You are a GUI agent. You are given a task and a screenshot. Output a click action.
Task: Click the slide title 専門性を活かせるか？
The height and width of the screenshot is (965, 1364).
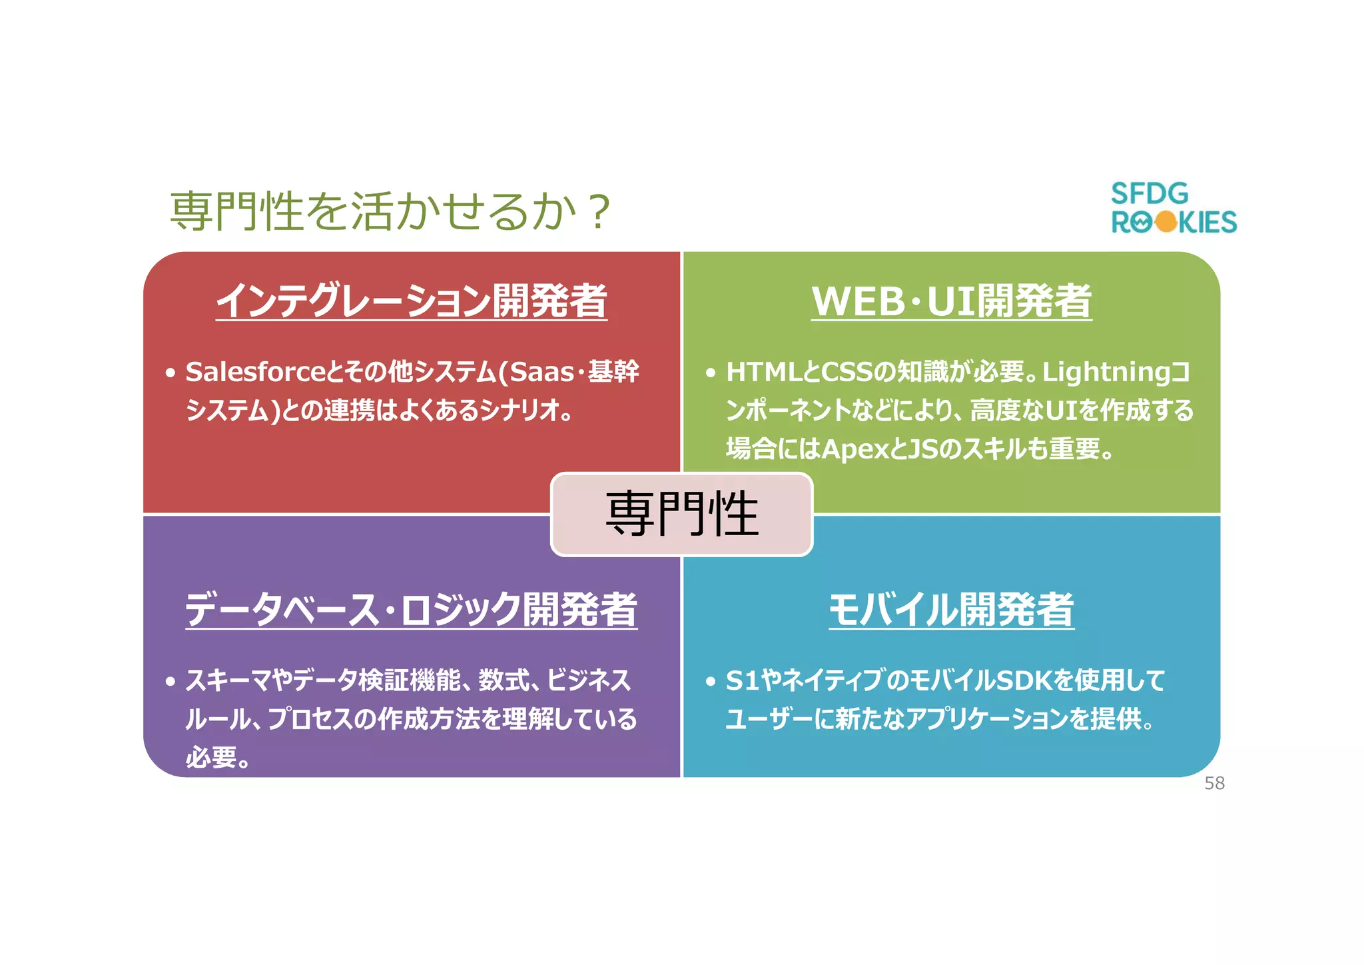[x=390, y=211]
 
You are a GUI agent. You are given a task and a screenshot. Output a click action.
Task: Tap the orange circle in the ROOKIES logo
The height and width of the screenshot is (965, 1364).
[x=1166, y=222]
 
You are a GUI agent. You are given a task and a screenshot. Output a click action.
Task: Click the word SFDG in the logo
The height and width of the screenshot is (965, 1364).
[x=1150, y=194]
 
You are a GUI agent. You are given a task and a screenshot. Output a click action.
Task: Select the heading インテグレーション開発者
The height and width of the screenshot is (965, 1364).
[x=412, y=301]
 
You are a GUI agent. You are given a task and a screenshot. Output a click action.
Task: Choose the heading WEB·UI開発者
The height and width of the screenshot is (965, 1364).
[x=951, y=301]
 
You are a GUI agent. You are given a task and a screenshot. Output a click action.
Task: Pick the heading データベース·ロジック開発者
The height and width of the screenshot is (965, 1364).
[x=412, y=609]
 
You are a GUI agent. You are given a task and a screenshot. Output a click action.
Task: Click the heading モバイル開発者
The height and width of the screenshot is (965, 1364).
[x=951, y=609]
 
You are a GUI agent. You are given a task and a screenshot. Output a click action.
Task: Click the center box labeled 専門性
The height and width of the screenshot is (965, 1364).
[x=682, y=514]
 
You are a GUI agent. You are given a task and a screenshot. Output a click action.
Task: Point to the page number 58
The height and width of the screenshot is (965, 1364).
[x=1214, y=784]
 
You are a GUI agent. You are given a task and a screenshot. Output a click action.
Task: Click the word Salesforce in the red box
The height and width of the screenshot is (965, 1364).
[x=256, y=372]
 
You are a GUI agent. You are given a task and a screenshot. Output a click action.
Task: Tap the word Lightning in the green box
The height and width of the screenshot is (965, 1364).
[x=1106, y=372]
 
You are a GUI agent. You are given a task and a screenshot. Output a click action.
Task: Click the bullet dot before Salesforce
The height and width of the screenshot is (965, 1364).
[x=170, y=373]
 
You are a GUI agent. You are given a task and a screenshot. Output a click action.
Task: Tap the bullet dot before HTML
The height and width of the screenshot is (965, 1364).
[x=711, y=373]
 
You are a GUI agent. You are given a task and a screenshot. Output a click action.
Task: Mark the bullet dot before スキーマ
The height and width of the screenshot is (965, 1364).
[x=170, y=682]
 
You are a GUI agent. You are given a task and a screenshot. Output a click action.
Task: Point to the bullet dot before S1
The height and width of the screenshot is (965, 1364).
[x=711, y=682]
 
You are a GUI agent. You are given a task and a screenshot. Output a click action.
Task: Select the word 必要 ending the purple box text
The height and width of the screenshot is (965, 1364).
[x=211, y=758]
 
